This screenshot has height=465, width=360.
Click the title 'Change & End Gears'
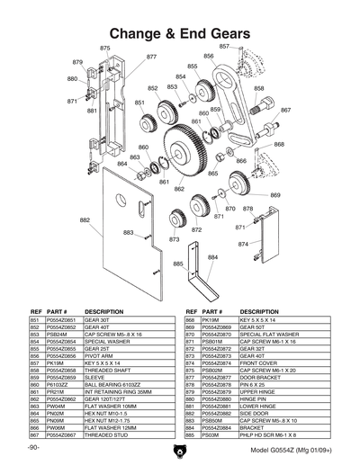tap(180, 33)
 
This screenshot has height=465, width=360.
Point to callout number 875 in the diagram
tap(105, 48)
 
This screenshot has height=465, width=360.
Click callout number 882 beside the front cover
tap(85, 219)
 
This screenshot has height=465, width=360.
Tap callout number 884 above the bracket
tap(212, 256)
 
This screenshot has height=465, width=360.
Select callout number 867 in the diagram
tap(285, 110)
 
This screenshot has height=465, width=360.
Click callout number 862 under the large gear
tap(179, 189)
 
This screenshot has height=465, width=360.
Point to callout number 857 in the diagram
tap(224, 45)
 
